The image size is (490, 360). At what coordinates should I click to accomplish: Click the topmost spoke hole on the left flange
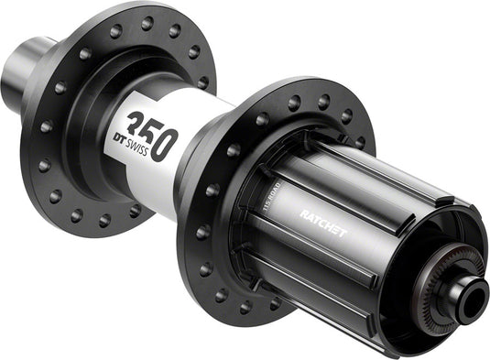[x=147, y=21]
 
